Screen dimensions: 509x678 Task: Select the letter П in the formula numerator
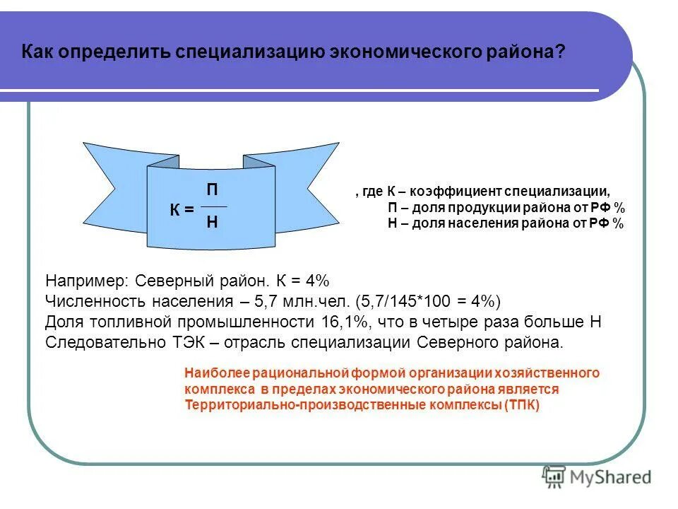click(212, 190)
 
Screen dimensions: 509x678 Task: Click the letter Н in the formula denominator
click(212, 222)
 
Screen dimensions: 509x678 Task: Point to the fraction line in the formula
click(214, 206)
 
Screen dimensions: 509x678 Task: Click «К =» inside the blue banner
click(182, 210)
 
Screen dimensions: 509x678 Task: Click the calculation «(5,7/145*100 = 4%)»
click(428, 301)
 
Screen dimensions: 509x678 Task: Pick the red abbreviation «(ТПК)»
click(523, 406)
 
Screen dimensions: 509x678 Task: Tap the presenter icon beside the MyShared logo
click(553, 476)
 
